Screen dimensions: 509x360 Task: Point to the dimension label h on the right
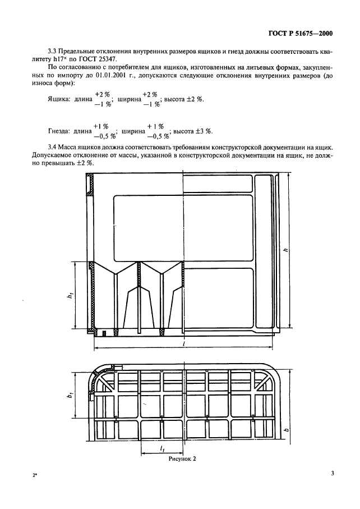(285, 253)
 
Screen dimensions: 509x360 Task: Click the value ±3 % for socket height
(205, 132)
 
